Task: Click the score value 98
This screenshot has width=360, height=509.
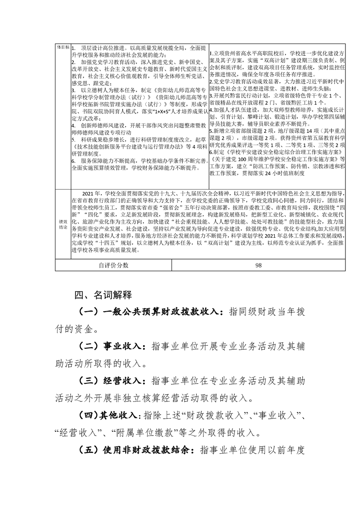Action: [x=259, y=265]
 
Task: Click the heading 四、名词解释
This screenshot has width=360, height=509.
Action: [x=103, y=295]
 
